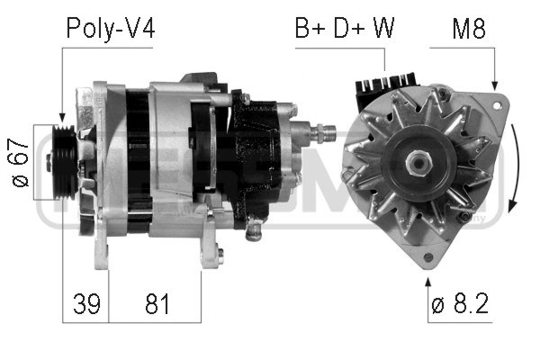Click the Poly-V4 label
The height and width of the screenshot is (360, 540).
point(111,29)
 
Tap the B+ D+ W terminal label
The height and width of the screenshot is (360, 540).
point(345,28)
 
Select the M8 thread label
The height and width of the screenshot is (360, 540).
point(469,28)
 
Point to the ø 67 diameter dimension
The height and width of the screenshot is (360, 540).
point(20,162)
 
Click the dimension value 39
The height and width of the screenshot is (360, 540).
point(86,304)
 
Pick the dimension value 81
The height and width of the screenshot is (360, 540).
point(157,304)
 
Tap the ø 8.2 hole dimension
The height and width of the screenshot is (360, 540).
point(460,303)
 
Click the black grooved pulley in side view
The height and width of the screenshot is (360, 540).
point(65,163)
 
